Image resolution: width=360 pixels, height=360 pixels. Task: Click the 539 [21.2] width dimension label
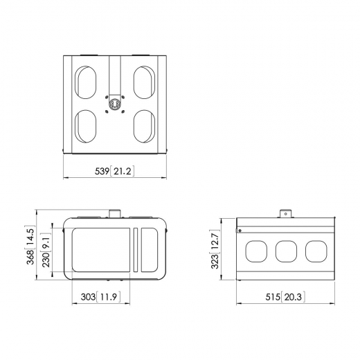pyautogui.click(x=114, y=171)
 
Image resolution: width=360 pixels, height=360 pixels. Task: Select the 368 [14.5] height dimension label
pyautogui.click(x=30, y=244)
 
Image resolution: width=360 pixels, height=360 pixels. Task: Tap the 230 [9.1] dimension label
pyautogui.click(x=46, y=251)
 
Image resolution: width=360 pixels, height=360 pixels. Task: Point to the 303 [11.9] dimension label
pyautogui.click(x=100, y=296)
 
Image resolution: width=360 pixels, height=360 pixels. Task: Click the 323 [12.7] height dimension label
pyautogui.click(x=215, y=249)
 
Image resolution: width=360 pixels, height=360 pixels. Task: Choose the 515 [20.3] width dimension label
pyautogui.click(x=285, y=297)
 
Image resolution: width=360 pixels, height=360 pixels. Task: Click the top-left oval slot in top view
pyautogui.click(x=85, y=82)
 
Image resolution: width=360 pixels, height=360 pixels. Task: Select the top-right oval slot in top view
pyautogui.click(x=144, y=82)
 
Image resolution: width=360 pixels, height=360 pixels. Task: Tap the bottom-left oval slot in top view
pyautogui.click(x=85, y=126)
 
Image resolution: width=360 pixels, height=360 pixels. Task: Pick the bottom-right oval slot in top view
pyautogui.click(x=144, y=126)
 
